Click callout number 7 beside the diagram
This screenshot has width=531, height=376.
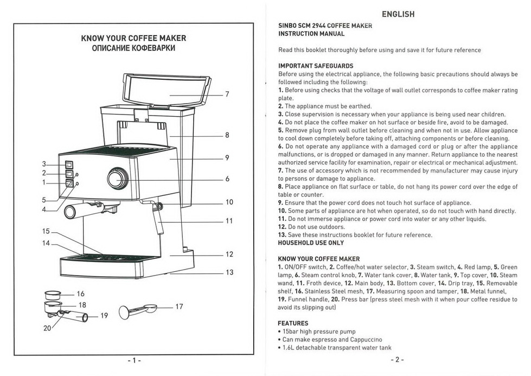click(227, 94)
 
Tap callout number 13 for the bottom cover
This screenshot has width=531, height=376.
click(229, 272)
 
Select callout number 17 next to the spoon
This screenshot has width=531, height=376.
click(180, 307)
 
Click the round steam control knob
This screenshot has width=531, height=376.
click(117, 178)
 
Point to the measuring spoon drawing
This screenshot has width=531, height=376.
click(138, 310)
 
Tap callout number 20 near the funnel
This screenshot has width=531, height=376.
click(47, 328)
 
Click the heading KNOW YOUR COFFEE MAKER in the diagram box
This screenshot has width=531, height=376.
click(133, 39)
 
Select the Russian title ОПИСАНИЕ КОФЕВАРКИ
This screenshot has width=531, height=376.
click(133, 49)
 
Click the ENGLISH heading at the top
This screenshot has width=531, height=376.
click(398, 14)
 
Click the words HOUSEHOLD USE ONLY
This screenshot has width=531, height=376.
click(311, 243)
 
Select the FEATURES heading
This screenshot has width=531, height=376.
click(293, 323)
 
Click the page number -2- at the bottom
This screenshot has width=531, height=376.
click(396, 360)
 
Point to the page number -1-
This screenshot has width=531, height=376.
click(133, 360)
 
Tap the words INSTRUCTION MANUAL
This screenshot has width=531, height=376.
click(311, 34)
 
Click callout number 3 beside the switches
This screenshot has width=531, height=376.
click(44, 164)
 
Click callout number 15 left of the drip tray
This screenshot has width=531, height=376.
click(46, 232)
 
